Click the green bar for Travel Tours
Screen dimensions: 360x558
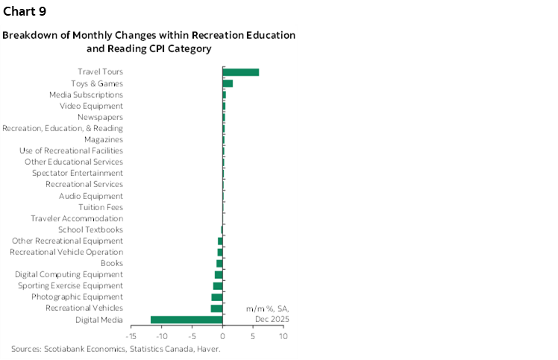[241, 72]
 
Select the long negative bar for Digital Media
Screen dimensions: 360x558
[186, 320]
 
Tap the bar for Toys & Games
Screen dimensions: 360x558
[228, 83]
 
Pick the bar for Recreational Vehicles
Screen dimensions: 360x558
[216, 309]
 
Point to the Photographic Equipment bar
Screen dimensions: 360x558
[217, 297]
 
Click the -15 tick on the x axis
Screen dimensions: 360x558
[131, 336]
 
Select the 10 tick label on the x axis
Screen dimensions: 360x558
[283, 336]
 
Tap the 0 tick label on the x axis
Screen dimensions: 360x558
[223, 336]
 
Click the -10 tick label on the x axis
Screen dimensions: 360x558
[161, 336]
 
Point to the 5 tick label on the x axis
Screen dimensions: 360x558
[254, 336]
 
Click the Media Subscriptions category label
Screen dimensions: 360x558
[86, 95]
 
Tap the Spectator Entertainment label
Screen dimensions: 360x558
[78, 173]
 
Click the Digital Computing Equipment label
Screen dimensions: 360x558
[69, 274]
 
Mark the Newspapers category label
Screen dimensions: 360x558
[100, 117]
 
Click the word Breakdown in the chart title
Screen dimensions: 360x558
[28, 36]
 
